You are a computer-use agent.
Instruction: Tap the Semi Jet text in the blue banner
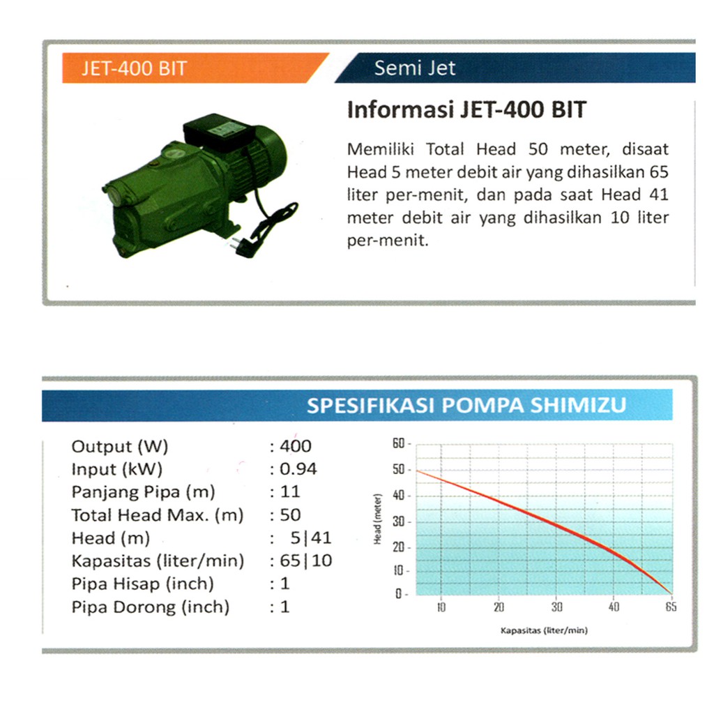point(414,68)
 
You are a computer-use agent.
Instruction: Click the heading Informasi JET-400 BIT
point(466,109)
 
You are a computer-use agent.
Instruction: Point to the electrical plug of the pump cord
point(241,246)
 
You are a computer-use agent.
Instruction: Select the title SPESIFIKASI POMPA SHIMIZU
point(466,405)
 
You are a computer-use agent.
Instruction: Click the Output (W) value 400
point(296,446)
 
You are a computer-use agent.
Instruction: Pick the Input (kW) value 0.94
point(298,469)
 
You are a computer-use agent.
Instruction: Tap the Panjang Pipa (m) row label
point(143,492)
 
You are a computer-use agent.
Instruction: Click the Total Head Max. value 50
point(290,515)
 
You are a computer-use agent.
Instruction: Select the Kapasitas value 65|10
point(305,561)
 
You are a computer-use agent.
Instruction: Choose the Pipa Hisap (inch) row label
point(142,584)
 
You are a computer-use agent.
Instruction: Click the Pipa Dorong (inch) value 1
point(285,607)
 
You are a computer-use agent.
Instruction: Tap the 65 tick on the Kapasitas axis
point(671,607)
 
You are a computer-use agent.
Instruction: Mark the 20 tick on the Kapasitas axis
point(499,607)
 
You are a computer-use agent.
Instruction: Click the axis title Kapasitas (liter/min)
point(544,630)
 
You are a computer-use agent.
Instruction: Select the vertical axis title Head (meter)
point(377,519)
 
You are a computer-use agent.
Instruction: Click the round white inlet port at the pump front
point(114,195)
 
